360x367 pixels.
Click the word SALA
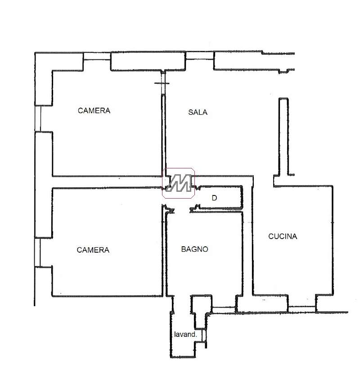click(x=198, y=112)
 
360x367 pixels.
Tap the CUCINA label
click(x=283, y=236)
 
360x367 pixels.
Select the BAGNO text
click(x=194, y=249)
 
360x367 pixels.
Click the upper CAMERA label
click(x=94, y=110)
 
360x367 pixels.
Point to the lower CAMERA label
click(x=93, y=250)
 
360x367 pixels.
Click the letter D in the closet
click(x=214, y=198)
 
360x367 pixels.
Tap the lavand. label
click(x=185, y=334)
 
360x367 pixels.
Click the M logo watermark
click(x=179, y=183)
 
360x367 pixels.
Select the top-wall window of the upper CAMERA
click(x=97, y=56)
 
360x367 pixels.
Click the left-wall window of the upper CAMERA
click(x=38, y=118)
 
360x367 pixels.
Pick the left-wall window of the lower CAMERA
click(x=37, y=252)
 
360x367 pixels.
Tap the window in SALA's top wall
click(x=200, y=55)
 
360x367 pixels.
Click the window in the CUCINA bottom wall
click(x=302, y=309)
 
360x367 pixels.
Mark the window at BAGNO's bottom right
click(x=224, y=310)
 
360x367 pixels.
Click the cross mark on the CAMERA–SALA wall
click(x=162, y=83)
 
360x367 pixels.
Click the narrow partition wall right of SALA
click(x=283, y=136)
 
